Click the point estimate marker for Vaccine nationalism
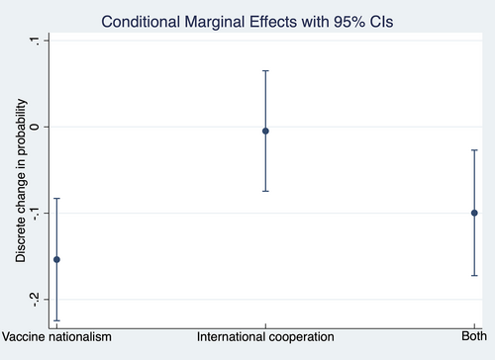(x=56, y=259)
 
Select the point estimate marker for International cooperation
(x=265, y=131)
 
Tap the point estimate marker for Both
(x=475, y=213)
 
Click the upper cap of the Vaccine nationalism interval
(x=56, y=199)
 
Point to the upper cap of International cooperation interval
(x=265, y=71)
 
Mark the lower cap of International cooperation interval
(x=265, y=191)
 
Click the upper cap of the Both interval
(x=475, y=150)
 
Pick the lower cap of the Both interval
(x=475, y=276)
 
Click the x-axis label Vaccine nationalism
(x=56, y=337)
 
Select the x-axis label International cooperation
(x=265, y=337)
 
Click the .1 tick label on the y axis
(x=33, y=41)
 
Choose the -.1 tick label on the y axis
(x=33, y=213)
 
